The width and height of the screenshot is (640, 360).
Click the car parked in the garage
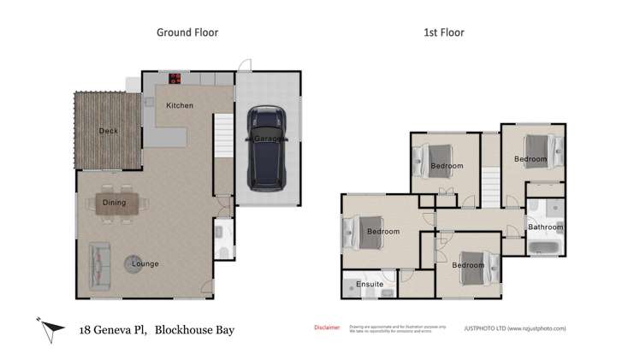(268, 149)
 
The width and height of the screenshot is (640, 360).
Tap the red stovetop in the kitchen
(175, 79)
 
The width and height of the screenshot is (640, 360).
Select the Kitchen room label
(180, 105)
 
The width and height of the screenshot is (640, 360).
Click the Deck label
(108, 131)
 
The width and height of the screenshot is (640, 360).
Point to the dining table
(115, 203)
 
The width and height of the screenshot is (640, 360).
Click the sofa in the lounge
(99, 263)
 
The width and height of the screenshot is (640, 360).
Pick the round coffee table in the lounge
(135, 263)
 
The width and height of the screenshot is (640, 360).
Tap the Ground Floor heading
(187, 32)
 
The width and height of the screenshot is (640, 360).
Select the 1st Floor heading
(444, 32)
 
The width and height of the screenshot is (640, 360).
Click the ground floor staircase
(222, 137)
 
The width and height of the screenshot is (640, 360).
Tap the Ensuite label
(370, 283)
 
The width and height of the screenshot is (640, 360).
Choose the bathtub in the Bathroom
(544, 249)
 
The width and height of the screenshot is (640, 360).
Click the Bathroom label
(545, 227)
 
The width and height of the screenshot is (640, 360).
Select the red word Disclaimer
(327, 327)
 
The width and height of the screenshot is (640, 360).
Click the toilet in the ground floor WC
(221, 251)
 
